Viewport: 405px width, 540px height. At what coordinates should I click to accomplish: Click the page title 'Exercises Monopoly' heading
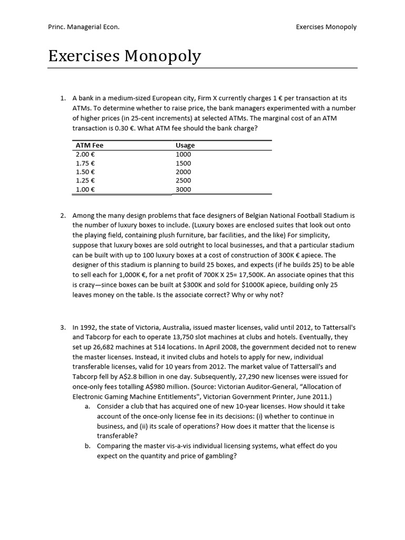coord(124,56)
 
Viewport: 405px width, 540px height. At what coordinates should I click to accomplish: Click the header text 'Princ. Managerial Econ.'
coord(84,27)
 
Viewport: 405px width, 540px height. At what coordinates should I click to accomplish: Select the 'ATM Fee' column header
coord(90,145)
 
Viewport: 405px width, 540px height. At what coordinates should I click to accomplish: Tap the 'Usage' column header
coord(185,145)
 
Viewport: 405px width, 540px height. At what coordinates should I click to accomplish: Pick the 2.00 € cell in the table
coord(85,154)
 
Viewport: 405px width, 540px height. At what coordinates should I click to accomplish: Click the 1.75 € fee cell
coord(85,163)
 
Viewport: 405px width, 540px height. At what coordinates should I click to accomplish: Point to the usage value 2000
coord(184,172)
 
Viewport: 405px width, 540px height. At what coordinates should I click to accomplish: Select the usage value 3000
coord(184,190)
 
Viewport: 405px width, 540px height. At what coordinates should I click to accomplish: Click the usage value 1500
coord(184,163)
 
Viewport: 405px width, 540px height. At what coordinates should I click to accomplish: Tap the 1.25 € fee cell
coord(85,181)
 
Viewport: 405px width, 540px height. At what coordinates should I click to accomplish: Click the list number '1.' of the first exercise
coord(63,98)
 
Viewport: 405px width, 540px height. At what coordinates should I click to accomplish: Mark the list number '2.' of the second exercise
coord(63,215)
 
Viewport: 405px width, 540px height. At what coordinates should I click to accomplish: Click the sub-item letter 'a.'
coord(88,407)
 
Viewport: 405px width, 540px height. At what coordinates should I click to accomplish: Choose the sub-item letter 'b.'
coord(88,446)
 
